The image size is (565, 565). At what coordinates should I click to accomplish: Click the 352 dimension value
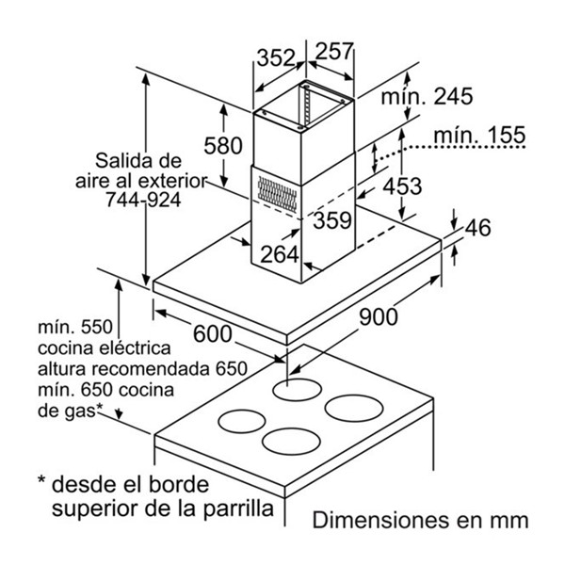pyautogui.click(x=276, y=57)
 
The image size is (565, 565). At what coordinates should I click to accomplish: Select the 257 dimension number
pyautogui.click(x=334, y=51)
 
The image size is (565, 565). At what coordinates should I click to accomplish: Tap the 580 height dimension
pyautogui.click(x=223, y=146)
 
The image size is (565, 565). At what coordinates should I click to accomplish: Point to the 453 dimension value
pyautogui.click(x=402, y=186)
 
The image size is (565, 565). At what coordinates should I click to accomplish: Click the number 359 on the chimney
pyautogui.click(x=331, y=220)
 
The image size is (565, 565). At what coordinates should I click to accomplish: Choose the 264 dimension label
pyautogui.click(x=280, y=254)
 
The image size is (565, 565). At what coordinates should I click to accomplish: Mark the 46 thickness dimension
pyautogui.click(x=477, y=227)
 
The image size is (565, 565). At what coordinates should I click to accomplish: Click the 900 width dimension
pyautogui.click(x=379, y=317)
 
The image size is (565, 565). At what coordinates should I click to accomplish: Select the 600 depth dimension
pyautogui.click(x=213, y=334)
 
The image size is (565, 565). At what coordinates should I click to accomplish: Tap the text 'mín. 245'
pyautogui.click(x=427, y=96)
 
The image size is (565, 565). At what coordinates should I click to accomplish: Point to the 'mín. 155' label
pyautogui.click(x=479, y=135)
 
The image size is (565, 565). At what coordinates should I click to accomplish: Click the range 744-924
pyautogui.click(x=143, y=200)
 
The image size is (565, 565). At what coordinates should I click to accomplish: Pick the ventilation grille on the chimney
pyautogui.click(x=278, y=194)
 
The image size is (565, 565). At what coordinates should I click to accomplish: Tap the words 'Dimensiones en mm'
pyautogui.click(x=421, y=521)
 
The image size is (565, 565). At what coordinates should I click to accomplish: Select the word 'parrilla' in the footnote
pyautogui.click(x=238, y=508)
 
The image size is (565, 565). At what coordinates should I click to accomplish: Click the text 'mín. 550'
pyautogui.click(x=75, y=327)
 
